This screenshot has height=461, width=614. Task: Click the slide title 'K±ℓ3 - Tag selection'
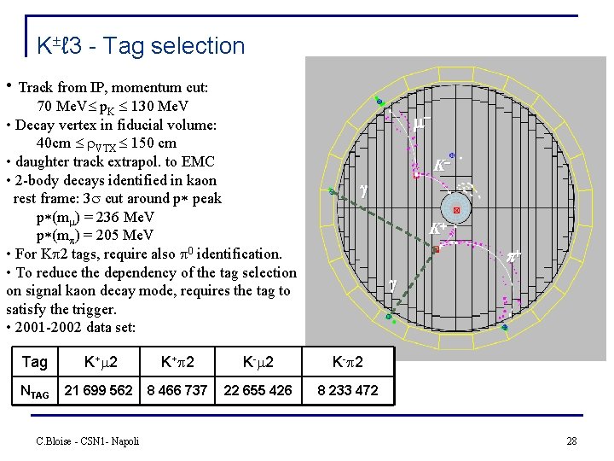coord(141,45)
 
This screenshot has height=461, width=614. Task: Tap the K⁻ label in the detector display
coord(442,165)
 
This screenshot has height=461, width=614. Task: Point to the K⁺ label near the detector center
coord(437,229)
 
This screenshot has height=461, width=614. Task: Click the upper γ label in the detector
coord(363,192)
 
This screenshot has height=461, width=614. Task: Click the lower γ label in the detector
coord(393,285)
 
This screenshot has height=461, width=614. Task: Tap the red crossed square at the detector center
coord(456,209)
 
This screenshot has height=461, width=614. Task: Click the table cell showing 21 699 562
coord(99,390)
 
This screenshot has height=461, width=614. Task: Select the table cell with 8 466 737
coord(177,390)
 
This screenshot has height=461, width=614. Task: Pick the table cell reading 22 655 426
coord(257,390)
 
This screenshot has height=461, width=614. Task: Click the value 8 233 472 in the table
coord(347,390)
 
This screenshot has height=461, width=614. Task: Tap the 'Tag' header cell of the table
coord(34,362)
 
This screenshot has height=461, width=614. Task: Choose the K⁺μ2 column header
coord(99,362)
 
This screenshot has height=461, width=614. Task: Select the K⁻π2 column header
coord(347,362)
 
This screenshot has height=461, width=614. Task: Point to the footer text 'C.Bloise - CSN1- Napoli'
coord(88,441)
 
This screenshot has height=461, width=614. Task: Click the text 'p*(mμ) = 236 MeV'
coord(95,217)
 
